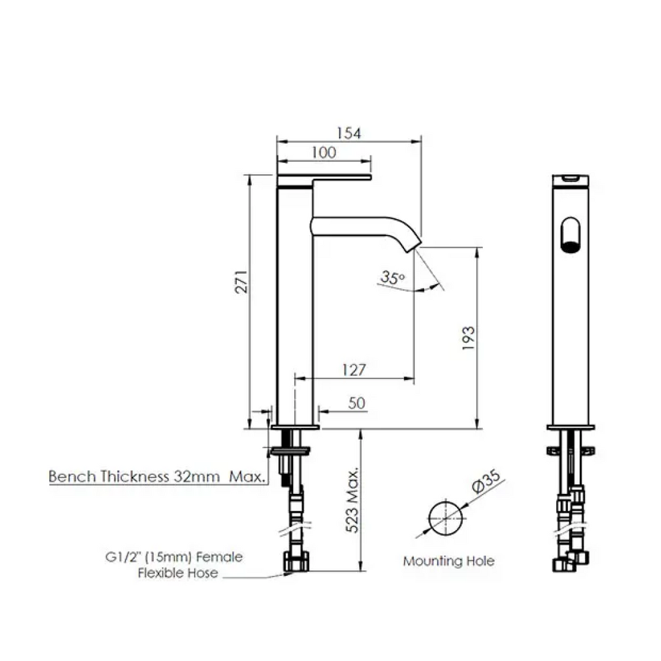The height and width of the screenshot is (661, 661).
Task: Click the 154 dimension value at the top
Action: [x=349, y=133]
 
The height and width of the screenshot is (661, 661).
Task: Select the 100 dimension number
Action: [x=323, y=152]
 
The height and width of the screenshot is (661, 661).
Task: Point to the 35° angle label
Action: [x=392, y=278]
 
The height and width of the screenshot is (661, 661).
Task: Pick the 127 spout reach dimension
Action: [x=353, y=370]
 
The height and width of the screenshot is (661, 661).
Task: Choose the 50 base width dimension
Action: [x=357, y=403]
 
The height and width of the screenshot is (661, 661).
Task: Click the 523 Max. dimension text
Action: [x=352, y=498]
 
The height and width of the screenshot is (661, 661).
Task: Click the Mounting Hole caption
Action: [x=449, y=561]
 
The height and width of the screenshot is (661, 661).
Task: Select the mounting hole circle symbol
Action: [x=446, y=518]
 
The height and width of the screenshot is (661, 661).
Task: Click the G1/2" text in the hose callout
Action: [x=123, y=556]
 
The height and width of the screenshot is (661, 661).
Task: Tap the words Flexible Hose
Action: [x=178, y=573]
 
